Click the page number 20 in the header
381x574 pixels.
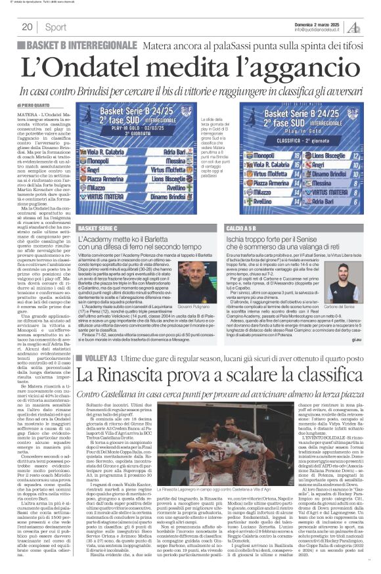(27, 27)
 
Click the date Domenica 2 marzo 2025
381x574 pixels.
(319, 23)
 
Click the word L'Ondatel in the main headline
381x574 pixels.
(78, 66)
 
